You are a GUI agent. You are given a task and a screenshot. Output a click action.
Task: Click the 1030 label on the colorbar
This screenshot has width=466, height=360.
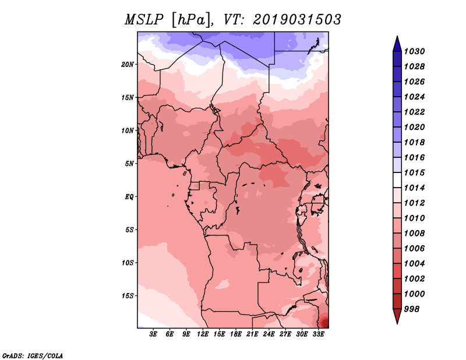pyautogui.click(x=414, y=51)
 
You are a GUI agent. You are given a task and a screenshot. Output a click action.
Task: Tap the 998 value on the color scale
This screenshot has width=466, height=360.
pyautogui.click(x=412, y=309)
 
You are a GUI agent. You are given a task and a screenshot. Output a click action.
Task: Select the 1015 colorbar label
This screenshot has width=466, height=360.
pyautogui.click(x=414, y=172)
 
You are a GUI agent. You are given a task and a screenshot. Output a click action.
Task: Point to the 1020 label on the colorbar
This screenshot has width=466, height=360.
pyautogui.click(x=414, y=127)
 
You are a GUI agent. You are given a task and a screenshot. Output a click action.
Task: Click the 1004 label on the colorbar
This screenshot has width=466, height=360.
pyautogui.click(x=414, y=264)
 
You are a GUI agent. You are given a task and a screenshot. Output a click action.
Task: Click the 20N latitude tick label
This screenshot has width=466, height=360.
pyautogui.click(x=128, y=65)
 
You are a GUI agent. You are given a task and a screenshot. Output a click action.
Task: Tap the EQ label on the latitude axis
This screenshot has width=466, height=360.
pyautogui.click(x=129, y=197)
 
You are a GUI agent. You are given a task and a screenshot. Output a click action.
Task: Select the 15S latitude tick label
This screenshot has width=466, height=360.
pyautogui.click(x=128, y=296)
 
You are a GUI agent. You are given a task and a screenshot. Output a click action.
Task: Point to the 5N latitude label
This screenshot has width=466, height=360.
pyautogui.click(x=129, y=164)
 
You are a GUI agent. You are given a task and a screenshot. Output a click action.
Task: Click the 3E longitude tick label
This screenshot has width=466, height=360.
pyautogui.click(x=153, y=334)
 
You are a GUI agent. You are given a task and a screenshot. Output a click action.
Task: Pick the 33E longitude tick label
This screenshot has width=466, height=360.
pyautogui.click(x=318, y=334)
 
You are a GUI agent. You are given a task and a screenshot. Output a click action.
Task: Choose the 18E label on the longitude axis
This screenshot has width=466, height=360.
pyautogui.click(x=236, y=334)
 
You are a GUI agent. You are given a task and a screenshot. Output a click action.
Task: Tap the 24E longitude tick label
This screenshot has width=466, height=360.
pyautogui.click(x=269, y=334)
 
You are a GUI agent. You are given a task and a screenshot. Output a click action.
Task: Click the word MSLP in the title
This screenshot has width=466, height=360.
pyautogui.click(x=144, y=20)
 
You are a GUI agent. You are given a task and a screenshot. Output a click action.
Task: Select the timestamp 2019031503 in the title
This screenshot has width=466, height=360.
pyautogui.click(x=297, y=20)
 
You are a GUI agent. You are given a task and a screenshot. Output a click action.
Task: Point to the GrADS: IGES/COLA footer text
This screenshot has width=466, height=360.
pyautogui.click(x=33, y=356)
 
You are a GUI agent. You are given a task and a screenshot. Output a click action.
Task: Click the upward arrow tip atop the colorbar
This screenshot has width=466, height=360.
pyautogui.click(x=397, y=36)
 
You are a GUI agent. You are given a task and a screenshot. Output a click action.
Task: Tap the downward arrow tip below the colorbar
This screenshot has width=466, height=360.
pyautogui.click(x=397, y=323)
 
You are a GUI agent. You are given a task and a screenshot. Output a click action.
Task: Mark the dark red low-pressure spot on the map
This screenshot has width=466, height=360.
pyautogui.click(x=324, y=323)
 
